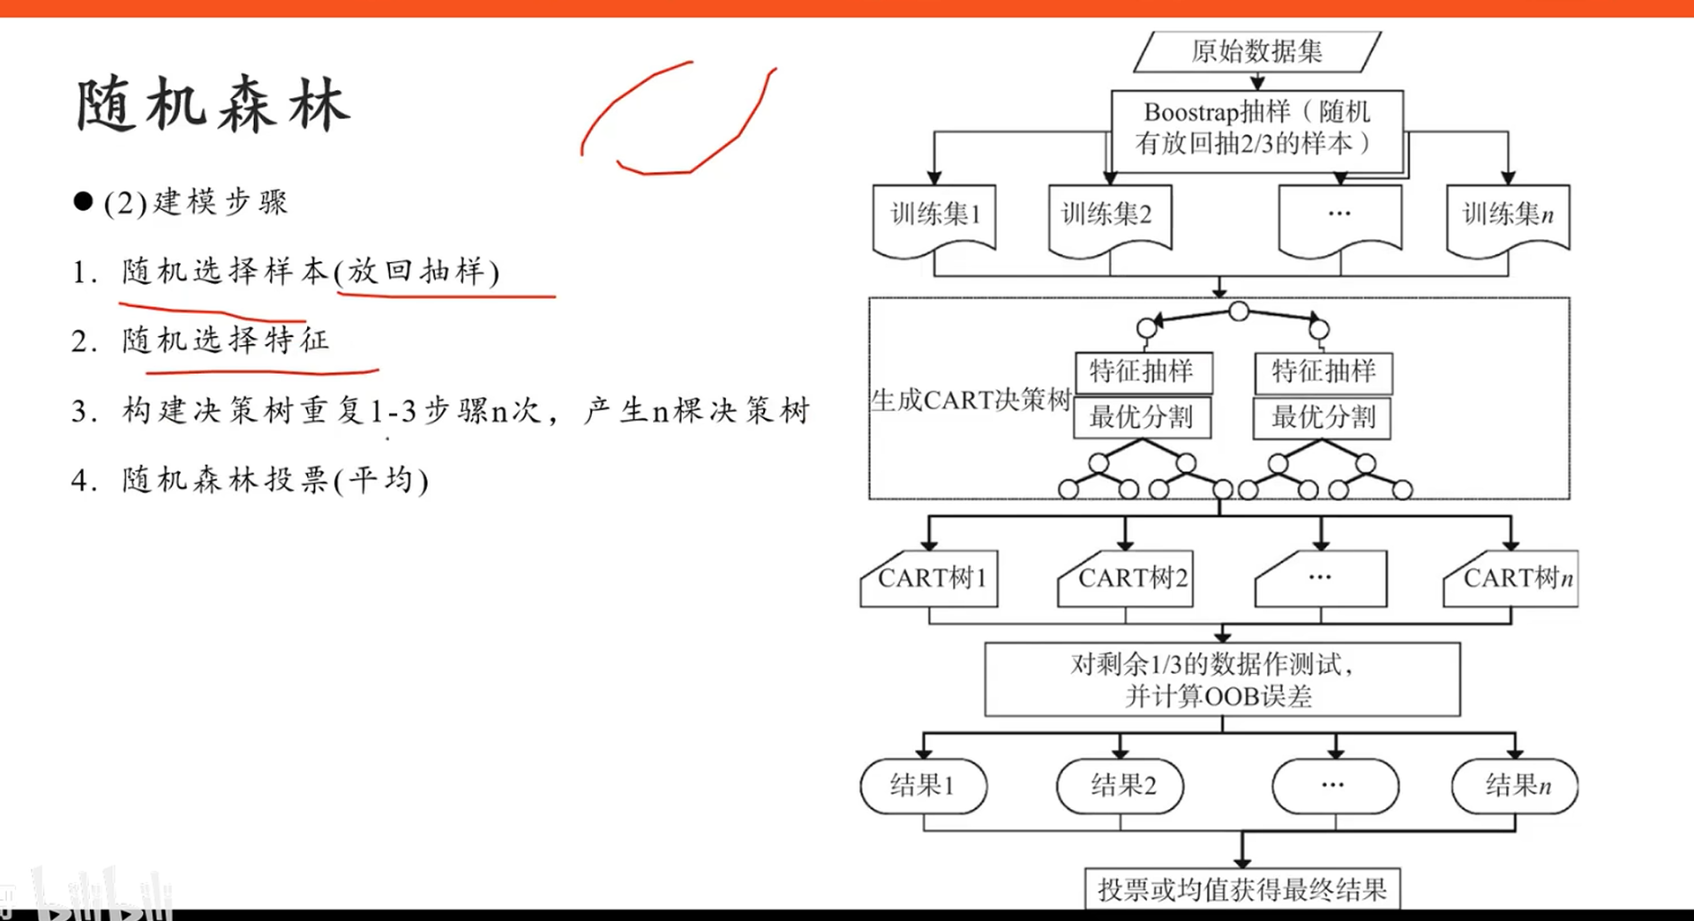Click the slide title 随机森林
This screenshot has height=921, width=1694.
(x=213, y=105)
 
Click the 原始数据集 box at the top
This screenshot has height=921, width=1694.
(x=1256, y=51)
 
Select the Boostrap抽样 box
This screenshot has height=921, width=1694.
(x=1256, y=128)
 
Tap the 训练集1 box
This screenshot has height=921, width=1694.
(x=934, y=214)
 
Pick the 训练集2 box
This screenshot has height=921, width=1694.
(x=1108, y=214)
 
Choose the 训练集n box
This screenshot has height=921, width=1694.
(x=1508, y=214)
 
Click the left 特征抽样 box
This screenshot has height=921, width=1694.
(x=1143, y=371)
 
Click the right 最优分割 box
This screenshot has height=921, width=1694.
(x=1323, y=417)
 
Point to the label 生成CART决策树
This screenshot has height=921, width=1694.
(x=970, y=401)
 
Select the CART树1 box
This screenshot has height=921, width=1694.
(x=931, y=579)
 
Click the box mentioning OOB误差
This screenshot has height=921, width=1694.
(x=1222, y=679)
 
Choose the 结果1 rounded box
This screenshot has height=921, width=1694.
(x=923, y=785)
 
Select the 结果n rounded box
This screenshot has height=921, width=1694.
(x=1515, y=785)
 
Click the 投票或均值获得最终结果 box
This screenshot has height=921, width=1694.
(x=1242, y=889)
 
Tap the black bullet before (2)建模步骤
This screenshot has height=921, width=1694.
(x=84, y=202)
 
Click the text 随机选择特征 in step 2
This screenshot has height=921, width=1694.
(x=226, y=340)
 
